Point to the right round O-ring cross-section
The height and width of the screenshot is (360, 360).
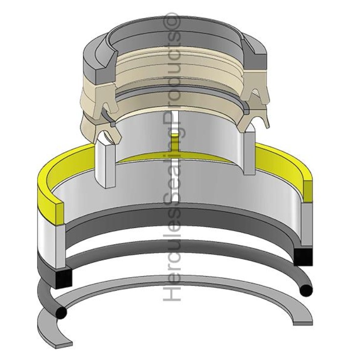(306, 290)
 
